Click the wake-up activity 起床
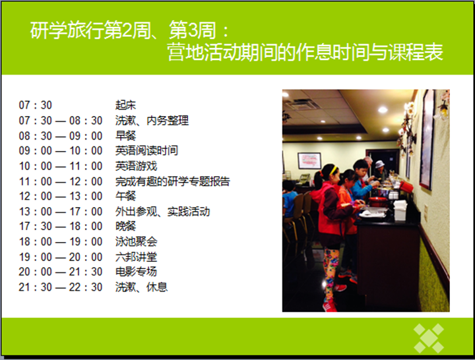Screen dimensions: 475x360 click(125, 105)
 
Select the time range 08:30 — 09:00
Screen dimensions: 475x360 click(61, 136)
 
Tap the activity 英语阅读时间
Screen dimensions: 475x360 click(146, 150)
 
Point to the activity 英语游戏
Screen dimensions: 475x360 click(136, 166)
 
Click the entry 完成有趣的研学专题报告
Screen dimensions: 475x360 click(173, 181)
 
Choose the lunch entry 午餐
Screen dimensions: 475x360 click(125, 196)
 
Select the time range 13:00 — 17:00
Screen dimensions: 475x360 click(61, 212)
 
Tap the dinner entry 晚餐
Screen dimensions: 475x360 click(125, 226)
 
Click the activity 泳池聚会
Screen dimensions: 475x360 click(136, 241)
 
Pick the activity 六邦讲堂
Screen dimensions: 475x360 click(136, 257)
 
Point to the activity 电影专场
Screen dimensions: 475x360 click(136, 272)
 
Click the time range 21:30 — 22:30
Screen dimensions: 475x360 click(61, 287)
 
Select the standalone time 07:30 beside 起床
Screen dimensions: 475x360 click(35, 105)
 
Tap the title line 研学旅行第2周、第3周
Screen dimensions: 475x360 click(129, 30)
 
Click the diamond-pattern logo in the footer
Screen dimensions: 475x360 click(429, 338)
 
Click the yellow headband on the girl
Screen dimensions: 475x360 click(333, 169)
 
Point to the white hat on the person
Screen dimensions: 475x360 click(379, 164)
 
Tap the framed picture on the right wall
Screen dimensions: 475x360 click(427, 139)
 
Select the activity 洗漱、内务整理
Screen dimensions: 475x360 click(152, 121)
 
